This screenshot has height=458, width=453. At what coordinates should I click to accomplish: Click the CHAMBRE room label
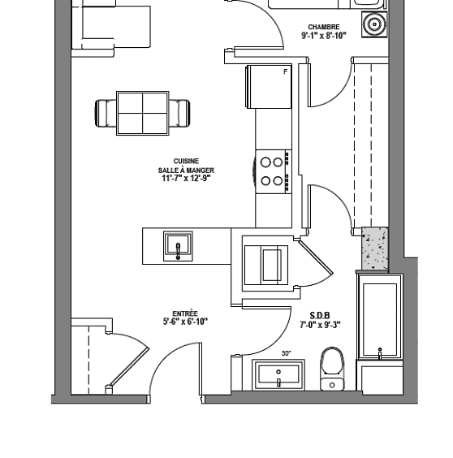click(x=324, y=27)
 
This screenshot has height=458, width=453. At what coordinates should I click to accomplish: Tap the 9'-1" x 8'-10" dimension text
click(x=324, y=36)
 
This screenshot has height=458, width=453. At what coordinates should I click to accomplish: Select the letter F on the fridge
click(x=285, y=71)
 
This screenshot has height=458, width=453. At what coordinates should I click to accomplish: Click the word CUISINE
click(x=186, y=162)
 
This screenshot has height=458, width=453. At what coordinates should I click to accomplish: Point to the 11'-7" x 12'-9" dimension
click(x=186, y=178)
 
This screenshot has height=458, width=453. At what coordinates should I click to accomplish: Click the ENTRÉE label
click(x=185, y=313)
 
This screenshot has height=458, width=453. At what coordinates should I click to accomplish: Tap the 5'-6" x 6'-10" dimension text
click(x=185, y=322)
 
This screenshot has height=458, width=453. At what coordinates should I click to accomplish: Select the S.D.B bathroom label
click(x=320, y=315)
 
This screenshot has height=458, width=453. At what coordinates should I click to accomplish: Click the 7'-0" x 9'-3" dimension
click(x=320, y=325)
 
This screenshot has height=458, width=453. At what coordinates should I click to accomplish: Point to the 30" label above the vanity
click(x=287, y=353)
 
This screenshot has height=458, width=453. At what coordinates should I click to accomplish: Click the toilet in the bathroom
click(x=332, y=369)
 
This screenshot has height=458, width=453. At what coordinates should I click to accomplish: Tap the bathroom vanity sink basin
click(x=278, y=375)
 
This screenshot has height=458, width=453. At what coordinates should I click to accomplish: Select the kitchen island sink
click(x=178, y=247)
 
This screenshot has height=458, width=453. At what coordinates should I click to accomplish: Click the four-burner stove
click(x=273, y=171)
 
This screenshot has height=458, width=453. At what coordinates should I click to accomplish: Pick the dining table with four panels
click(x=143, y=114)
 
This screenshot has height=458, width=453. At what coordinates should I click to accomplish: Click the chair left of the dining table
click(x=106, y=114)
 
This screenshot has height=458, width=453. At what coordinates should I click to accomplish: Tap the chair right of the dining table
click(x=179, y=114)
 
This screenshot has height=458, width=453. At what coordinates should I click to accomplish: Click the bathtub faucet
click(x=380, y=353)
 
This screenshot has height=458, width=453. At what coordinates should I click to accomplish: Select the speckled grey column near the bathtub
click(x=375, y=248)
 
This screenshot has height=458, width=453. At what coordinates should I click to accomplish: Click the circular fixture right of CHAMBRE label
click(x=374, y=24)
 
